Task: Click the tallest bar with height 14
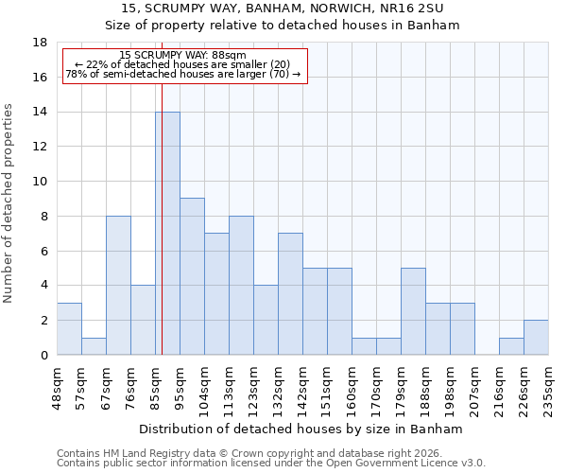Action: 167,234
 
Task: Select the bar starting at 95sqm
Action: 192,276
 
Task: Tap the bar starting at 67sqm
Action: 118,285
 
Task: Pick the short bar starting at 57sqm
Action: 94,345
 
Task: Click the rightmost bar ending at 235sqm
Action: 536,338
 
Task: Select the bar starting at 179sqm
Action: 413,311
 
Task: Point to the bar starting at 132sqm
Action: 290,293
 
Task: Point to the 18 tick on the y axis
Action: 40,43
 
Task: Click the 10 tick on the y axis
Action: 40,182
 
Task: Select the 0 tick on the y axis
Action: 43,355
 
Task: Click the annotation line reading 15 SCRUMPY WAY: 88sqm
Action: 183,56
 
